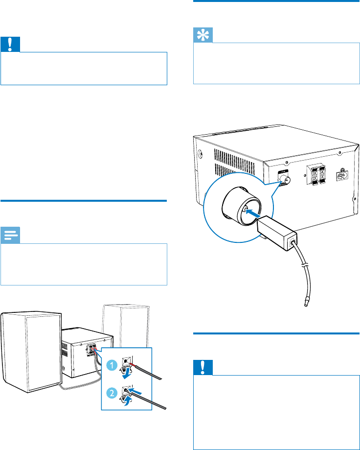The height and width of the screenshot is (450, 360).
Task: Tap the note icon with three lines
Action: [x=10, y=236]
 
